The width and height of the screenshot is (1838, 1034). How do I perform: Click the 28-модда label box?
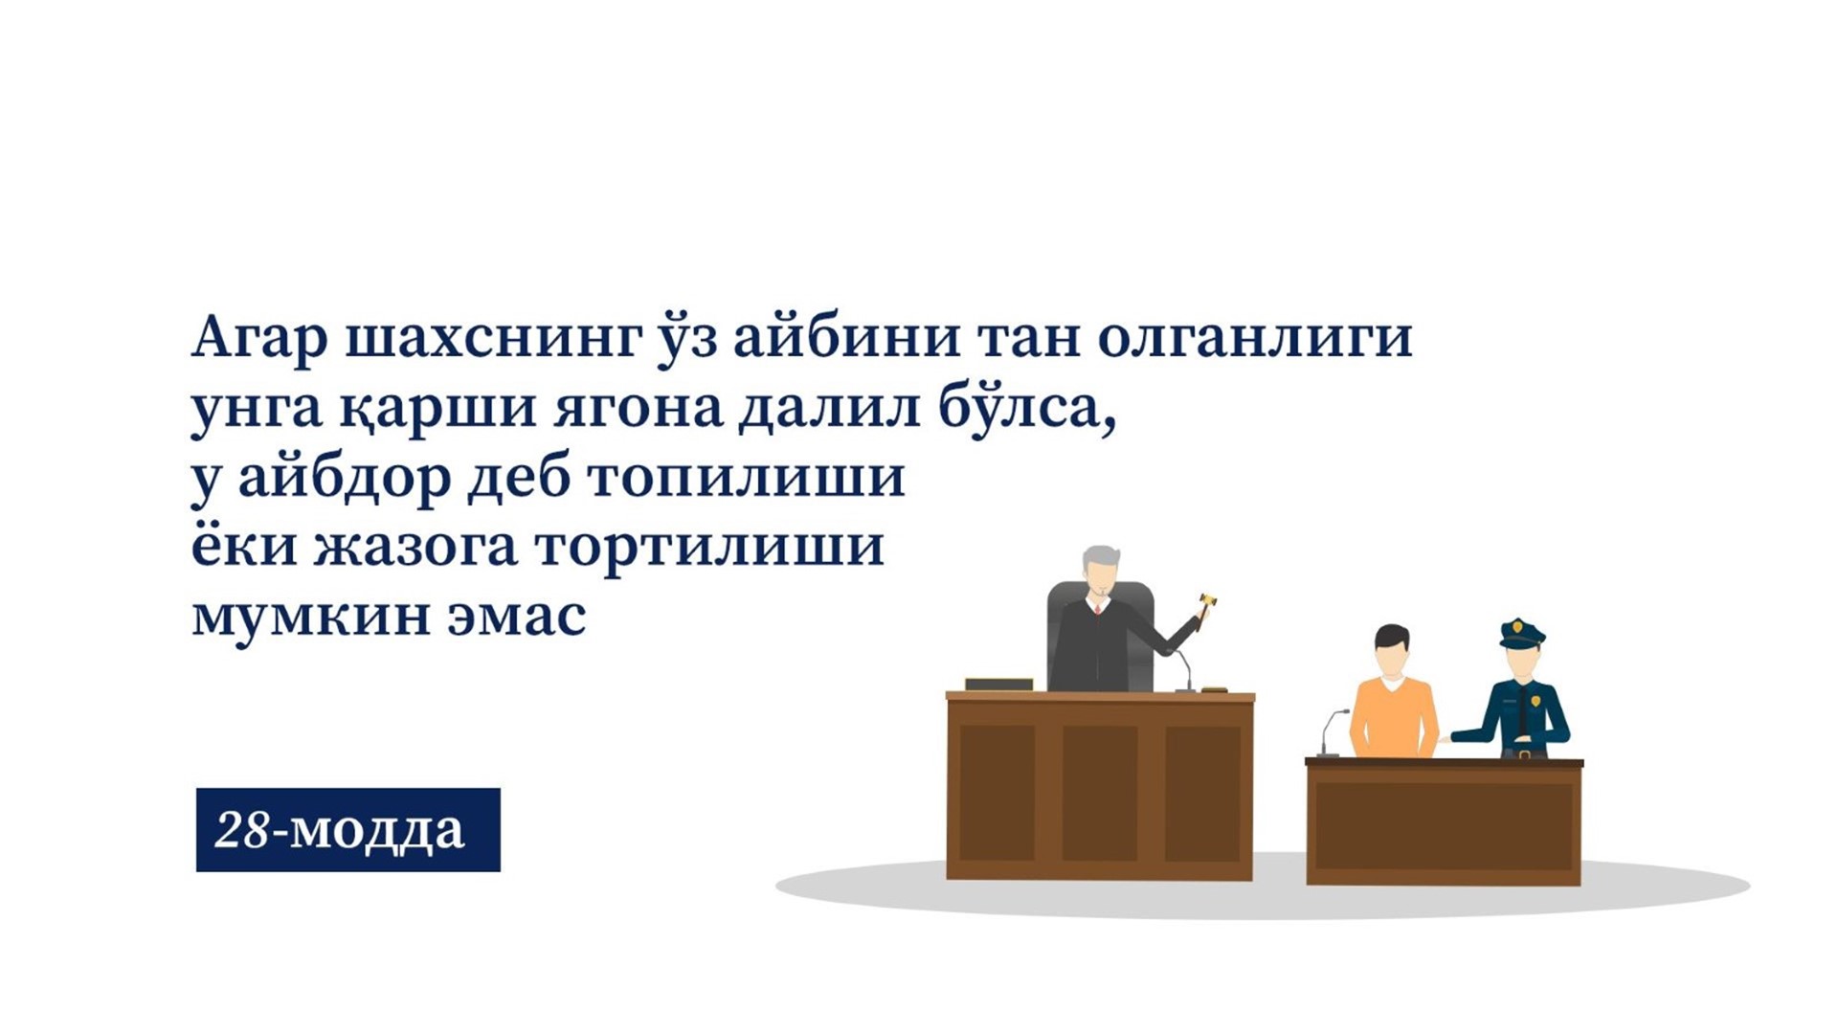tap(348, 830)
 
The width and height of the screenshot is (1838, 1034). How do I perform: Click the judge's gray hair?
tap(1102, 560)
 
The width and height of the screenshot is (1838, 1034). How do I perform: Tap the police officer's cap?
tap(1521, 633)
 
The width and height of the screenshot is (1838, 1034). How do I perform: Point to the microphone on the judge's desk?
tap(1185, 669)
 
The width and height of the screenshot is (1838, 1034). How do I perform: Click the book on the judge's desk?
tap(998, 684)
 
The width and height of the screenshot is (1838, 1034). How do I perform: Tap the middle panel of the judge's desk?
tap(1100, 792)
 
